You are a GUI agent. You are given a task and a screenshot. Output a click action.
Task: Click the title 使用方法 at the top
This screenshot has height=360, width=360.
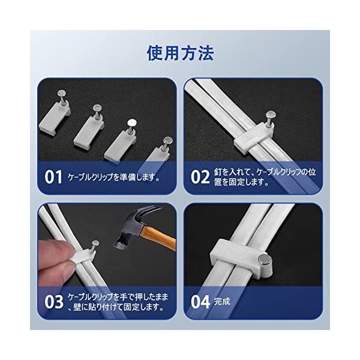tap(180, 53)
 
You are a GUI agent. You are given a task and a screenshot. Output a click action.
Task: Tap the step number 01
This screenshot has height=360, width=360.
tap(53, 177)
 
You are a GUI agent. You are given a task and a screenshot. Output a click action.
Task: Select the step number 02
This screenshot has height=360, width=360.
tap(200, 177)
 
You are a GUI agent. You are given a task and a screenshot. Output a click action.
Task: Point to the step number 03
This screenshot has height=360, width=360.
tap(54, 302)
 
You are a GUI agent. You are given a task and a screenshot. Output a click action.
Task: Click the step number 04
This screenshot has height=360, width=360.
tap(200, 302)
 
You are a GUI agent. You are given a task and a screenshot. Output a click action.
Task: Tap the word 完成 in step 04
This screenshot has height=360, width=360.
tap(222, 301)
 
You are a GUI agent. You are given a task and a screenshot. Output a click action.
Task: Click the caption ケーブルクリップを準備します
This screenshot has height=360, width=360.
tap(113, 177)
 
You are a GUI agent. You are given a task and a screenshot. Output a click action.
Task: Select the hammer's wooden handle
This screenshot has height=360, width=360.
tap(158, 239)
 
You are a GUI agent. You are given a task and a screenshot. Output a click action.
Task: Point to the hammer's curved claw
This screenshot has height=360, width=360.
tap(147, 211)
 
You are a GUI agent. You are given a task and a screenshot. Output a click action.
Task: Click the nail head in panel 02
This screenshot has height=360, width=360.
tap(271, 115)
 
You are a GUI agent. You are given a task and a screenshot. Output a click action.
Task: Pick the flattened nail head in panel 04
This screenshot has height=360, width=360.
tap(263, 260)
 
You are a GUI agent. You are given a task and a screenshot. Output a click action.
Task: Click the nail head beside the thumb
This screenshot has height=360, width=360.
tap(95, 244)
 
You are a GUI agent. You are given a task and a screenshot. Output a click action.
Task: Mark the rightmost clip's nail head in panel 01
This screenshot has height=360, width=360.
tap(167, 140)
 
